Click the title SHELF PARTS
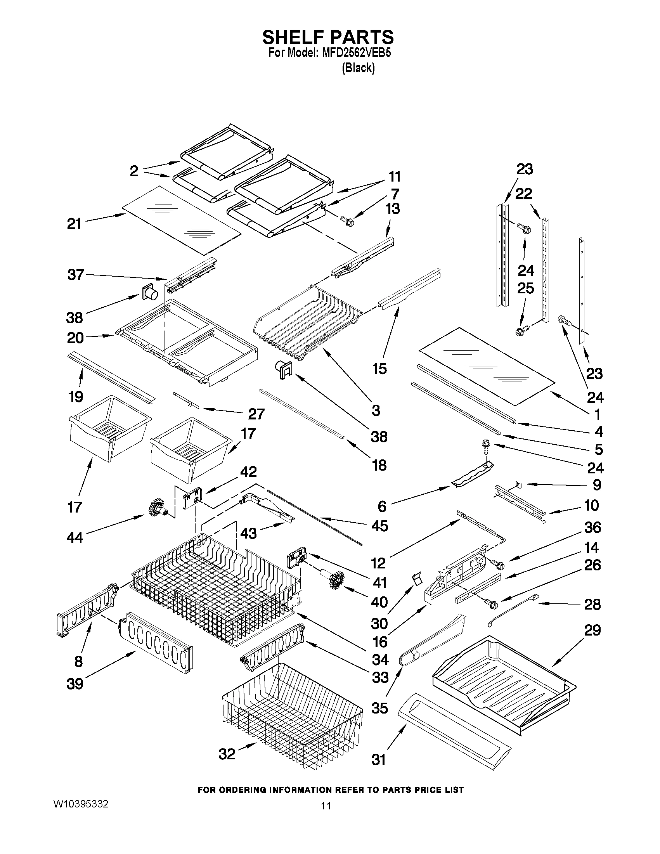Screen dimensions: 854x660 click(x=327, y=37)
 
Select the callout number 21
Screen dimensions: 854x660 click(x=74, y=223)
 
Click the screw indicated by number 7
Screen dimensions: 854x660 click(x=348, y=221)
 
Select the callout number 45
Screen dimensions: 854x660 click(x=379, y=525)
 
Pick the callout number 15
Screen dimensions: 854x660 click(x=379, y=368)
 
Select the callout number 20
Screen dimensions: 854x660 click(x=75, y=338)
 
